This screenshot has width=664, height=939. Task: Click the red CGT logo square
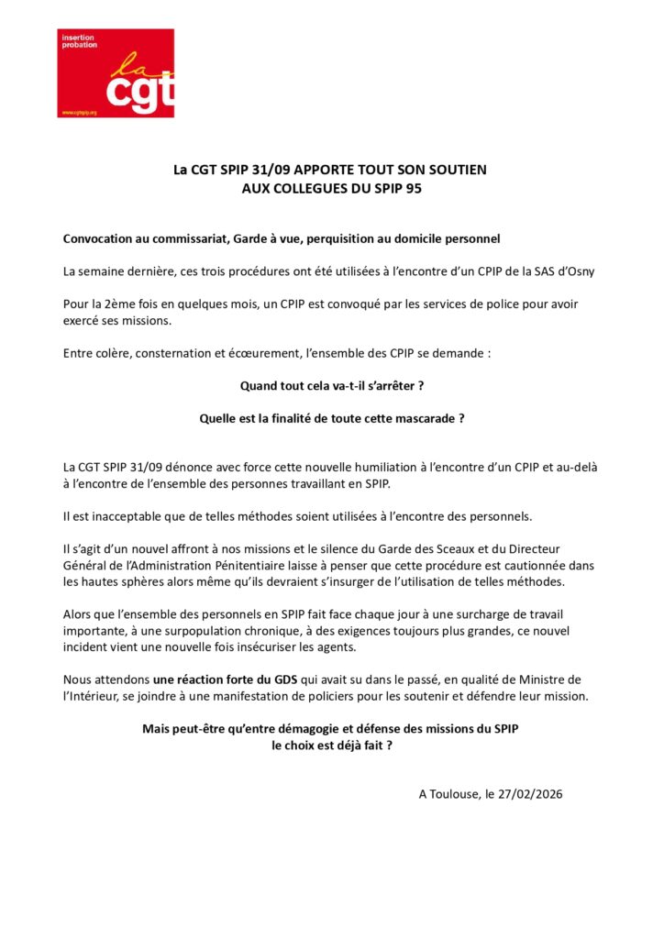116,73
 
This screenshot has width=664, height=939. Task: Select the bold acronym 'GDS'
278,679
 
